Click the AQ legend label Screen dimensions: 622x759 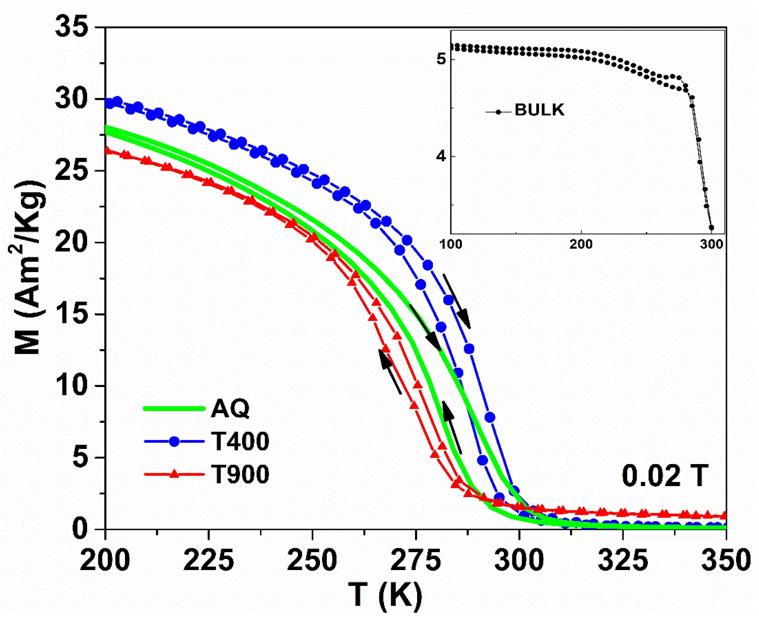click(x=230, y=408)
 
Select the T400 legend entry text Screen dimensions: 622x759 click(x=240, y=441)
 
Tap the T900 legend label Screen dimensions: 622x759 click(x=240, y=474)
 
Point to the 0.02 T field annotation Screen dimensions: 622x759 click(x=665, y=476)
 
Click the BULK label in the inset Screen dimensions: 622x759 click(x=539, y=110)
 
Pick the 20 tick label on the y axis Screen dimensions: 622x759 click(x=71, y=243)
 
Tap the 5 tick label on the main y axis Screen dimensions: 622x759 click(x=80, y=458)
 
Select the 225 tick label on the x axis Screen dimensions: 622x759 click(x=208, y=561)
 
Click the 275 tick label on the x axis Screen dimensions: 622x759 click(x=415, y=561)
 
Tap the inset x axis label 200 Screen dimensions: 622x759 click(x=581, y=245)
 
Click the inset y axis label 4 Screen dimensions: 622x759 click(x=441, y=157)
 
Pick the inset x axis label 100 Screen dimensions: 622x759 click(x=451, y=245)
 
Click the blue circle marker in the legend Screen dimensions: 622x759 click(x=174, y=441)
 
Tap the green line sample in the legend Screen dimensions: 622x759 click(x=174, y=408)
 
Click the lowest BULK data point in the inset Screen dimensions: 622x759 click(x=712, y=228)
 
